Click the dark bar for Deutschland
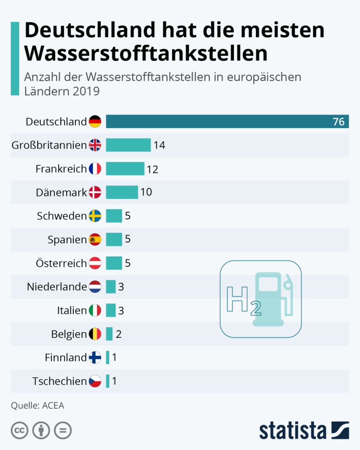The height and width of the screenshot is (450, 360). tap(218, 121)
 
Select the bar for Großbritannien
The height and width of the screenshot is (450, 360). tap(128, 145)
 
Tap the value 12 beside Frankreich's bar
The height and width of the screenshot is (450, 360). tap(152, 169)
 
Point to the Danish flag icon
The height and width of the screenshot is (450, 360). tap(95, 192)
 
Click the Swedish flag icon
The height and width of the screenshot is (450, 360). tap(95, 216)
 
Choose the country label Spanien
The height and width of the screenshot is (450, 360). tap(67, 239)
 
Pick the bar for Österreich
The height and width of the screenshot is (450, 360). tap(114, 263)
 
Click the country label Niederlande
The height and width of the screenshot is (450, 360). tap(57, 287)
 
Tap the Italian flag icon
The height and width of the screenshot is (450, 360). tap(95, 311)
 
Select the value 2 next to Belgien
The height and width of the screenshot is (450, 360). tap(118, 334)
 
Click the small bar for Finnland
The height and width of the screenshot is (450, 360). tap(107, 358)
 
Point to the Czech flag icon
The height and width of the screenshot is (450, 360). tap(95, 381)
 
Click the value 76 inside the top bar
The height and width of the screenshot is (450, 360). tap(339, 122)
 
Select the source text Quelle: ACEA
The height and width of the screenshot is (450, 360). tap(38, 405)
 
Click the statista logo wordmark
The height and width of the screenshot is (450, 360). tap(293, 430)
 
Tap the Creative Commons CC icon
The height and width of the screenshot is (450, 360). tap(19, 430)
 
